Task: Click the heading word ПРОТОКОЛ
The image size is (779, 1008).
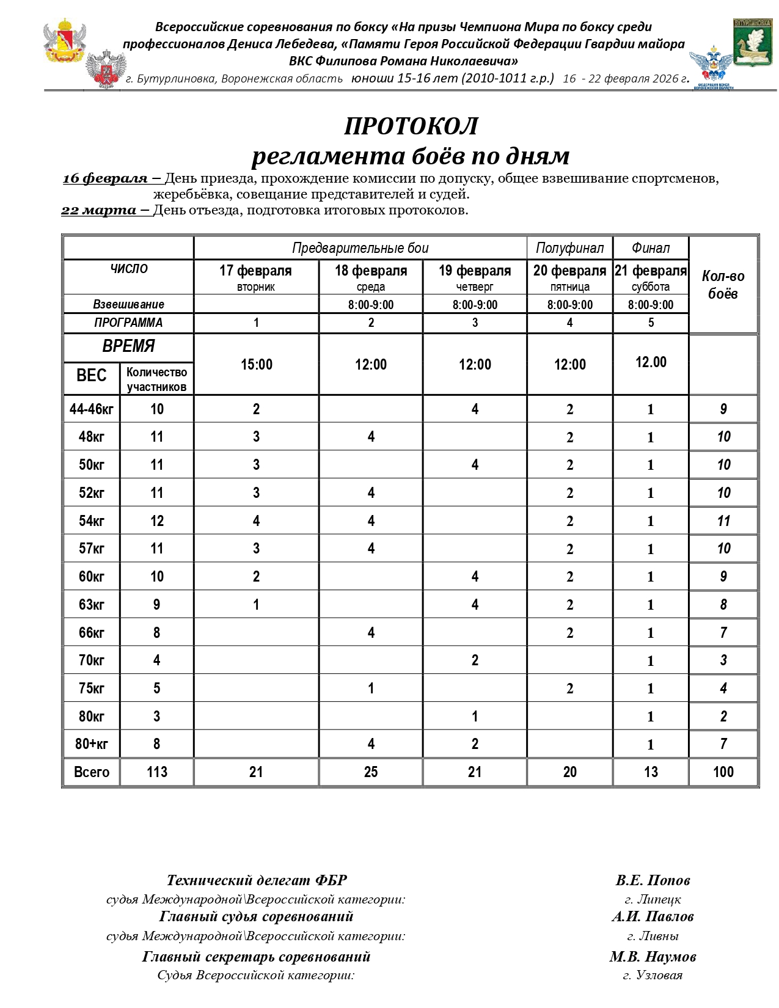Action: (411, 126)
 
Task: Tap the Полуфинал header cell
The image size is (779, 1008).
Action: (569, 248)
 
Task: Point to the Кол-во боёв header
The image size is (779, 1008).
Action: (723, 285)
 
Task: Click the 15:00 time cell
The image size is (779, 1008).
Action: (256, 365)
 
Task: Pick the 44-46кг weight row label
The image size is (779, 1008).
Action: (92, 409)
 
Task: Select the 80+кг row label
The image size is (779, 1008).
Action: (92, 744)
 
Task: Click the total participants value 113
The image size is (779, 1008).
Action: (156, 772)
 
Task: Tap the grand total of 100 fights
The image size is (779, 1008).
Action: (723, 772)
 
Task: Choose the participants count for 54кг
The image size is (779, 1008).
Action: (156, 521)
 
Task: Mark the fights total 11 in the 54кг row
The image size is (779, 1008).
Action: (723, 521)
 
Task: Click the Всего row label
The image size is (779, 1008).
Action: (92, 772)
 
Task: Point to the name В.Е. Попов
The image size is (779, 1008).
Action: (653, 880)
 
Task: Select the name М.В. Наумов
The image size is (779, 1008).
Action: (653, 957)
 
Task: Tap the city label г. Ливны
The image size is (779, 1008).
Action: (653, 936)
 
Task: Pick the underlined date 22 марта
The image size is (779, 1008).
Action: (99, 210)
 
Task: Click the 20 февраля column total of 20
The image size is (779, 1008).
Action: (569, 772)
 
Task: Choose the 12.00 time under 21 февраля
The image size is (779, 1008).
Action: (651, 362)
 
